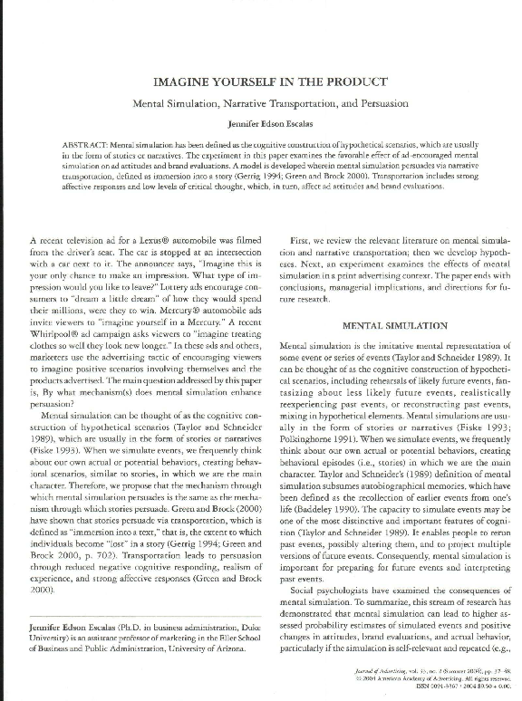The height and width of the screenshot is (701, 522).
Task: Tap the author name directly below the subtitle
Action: (260, 124)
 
